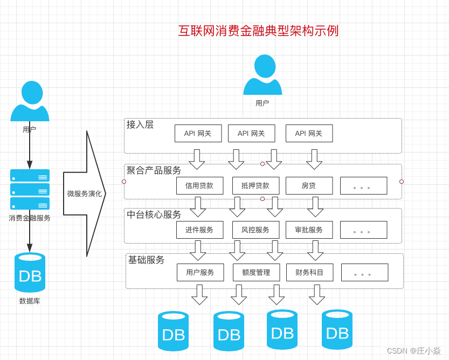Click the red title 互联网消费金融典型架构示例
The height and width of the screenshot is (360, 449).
(x=258, y=31)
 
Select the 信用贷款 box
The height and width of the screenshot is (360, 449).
(x=199, y=185)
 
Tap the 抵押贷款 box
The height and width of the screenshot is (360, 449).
(x=255, y=185)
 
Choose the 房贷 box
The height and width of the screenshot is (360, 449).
(x=309, y=185)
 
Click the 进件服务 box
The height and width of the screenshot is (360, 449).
(x=199, y=230)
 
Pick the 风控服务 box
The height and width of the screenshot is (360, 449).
(x=255, y=230)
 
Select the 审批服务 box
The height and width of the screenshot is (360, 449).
(x=309, y=230)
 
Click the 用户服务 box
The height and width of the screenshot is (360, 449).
(x=200, y=272)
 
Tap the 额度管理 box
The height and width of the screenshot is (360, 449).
(x=256, y=272)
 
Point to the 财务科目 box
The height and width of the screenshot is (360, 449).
(x=309, y=272)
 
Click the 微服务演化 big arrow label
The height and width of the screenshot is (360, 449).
(x=84, y=193)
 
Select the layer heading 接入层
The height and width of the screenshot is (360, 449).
(x=140, y=124)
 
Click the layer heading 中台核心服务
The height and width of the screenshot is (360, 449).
(x=154, y=214)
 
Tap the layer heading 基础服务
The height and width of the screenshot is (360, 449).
(x=146, y=260)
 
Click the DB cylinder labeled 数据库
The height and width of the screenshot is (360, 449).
(x=30, y=273)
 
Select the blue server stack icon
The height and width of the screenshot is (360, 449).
(x=30, y=189)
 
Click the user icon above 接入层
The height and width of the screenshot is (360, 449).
(x=263, y=75)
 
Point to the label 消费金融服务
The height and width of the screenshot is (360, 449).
(x=30, y=218)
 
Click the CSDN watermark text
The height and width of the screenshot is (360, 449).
(x=413, y=350)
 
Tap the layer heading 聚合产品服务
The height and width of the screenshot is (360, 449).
(x=154, y=170)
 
